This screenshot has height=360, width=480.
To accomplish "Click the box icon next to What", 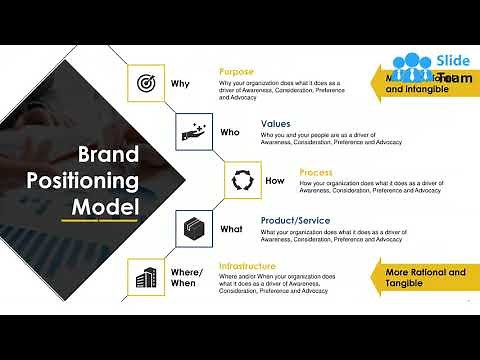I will click(193, 229).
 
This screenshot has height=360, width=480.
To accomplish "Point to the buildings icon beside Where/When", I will click(146, 277).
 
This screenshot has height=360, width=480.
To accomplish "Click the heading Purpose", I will click(236, 72).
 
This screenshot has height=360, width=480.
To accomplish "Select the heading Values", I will click(275, 124).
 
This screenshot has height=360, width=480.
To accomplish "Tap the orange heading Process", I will click(316, 173).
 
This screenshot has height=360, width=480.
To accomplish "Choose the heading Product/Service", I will click(296, 221).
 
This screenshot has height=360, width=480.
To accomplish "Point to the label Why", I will click(180, 83).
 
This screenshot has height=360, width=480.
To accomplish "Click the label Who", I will click(229, 132).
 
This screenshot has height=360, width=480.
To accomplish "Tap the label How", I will click(275, 181).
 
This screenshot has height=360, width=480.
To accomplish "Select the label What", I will click(231, 229).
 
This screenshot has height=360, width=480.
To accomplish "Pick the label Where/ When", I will click(186, 277).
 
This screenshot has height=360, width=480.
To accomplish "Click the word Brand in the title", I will click(109, 155).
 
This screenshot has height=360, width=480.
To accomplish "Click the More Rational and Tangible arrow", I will click(422, 277).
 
